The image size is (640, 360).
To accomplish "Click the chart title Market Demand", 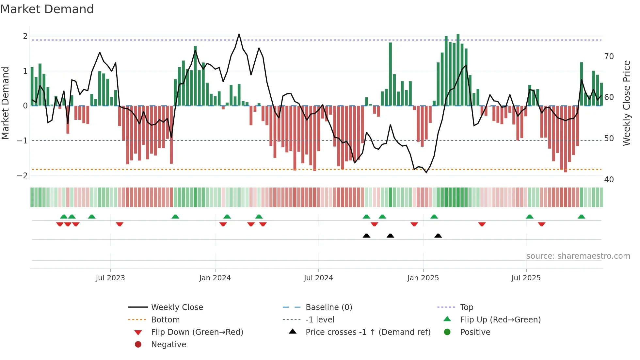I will click(x=47, y=9).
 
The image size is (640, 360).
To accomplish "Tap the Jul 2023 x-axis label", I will click(x=110, y=278).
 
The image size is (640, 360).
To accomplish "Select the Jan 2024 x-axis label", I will click(x=215, y=278).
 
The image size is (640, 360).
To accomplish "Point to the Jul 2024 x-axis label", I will click(x=318, y=278).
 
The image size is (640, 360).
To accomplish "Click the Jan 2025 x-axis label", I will click(x=423, y=278).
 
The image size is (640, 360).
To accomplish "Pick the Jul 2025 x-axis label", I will click(x=526, y=278).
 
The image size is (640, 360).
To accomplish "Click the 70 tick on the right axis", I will click(x=609, y=57).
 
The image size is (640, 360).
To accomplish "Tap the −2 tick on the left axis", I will click(x=22, y=175).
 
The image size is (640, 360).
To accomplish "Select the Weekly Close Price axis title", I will click(x=626, y=103).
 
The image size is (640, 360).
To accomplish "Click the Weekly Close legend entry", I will click(x=177, y=307).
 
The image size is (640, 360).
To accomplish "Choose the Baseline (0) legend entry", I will click(x=328, y=307).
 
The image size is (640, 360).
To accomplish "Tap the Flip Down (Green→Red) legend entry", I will click(x=197, y=332).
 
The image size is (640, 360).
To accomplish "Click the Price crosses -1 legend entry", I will click(x=368, y=332).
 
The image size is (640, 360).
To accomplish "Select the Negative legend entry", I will click(x=168, y=345).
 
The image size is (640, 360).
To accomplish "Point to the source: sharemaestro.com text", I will click(x=578, y=256).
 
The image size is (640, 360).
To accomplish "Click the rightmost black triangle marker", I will click(x=438, y=236).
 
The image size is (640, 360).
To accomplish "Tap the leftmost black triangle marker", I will click(x=366, y=236).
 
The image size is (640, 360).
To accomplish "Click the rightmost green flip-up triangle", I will click(x=581, y=217).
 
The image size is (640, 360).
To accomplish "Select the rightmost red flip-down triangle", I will click(x=542, y=224).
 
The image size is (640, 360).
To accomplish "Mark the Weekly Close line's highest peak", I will click(x=239, y=34).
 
